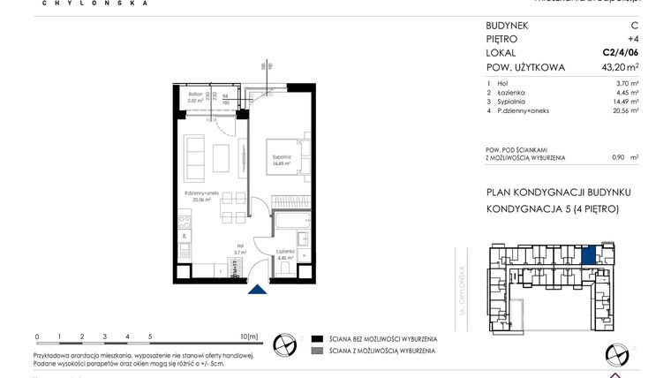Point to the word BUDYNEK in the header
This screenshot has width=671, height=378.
[x=509, y=26]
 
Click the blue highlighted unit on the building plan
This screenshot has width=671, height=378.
[x=589, y=254]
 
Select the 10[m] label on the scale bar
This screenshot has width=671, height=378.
[x=249, y=336]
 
